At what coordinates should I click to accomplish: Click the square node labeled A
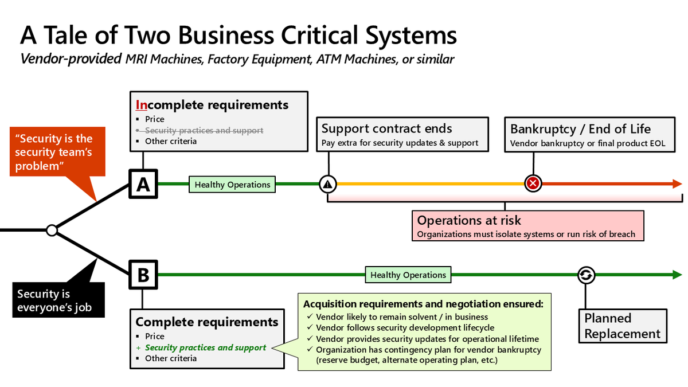point(143,184)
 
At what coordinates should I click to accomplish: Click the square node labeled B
point(143,275)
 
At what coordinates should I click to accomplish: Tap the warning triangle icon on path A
point(328,184)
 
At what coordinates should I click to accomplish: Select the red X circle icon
point(533,183)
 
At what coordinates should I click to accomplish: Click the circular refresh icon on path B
point(586,275)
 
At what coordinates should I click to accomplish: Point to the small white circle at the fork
point(52,230)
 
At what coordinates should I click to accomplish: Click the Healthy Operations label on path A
point(232,184)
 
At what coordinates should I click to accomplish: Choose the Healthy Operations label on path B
point(408,275)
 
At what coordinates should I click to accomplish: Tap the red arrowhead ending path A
point(677,183)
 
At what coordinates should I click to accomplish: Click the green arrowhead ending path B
point(677,275)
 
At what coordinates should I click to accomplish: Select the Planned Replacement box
point(623,326)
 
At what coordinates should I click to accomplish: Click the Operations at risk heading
point(469,220)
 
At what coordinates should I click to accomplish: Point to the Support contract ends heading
point(386,128)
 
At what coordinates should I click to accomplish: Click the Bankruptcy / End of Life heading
point(580,129)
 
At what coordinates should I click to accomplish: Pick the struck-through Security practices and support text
point(200,131)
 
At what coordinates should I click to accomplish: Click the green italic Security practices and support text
point(205,347)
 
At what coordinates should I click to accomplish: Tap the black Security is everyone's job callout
point(58,300)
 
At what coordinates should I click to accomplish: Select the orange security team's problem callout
point(58,152)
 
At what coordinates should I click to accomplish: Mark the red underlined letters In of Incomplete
point(141,105)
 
